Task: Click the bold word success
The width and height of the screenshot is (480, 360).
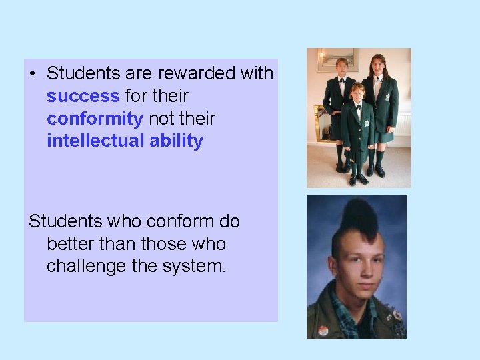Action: (83, 96)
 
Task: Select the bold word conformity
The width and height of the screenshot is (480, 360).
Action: (95, 119)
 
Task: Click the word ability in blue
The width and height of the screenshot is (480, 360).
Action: (175, 141)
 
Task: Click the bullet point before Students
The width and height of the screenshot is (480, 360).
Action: (33, 73)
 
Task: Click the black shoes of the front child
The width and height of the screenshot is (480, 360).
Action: (357, 179)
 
